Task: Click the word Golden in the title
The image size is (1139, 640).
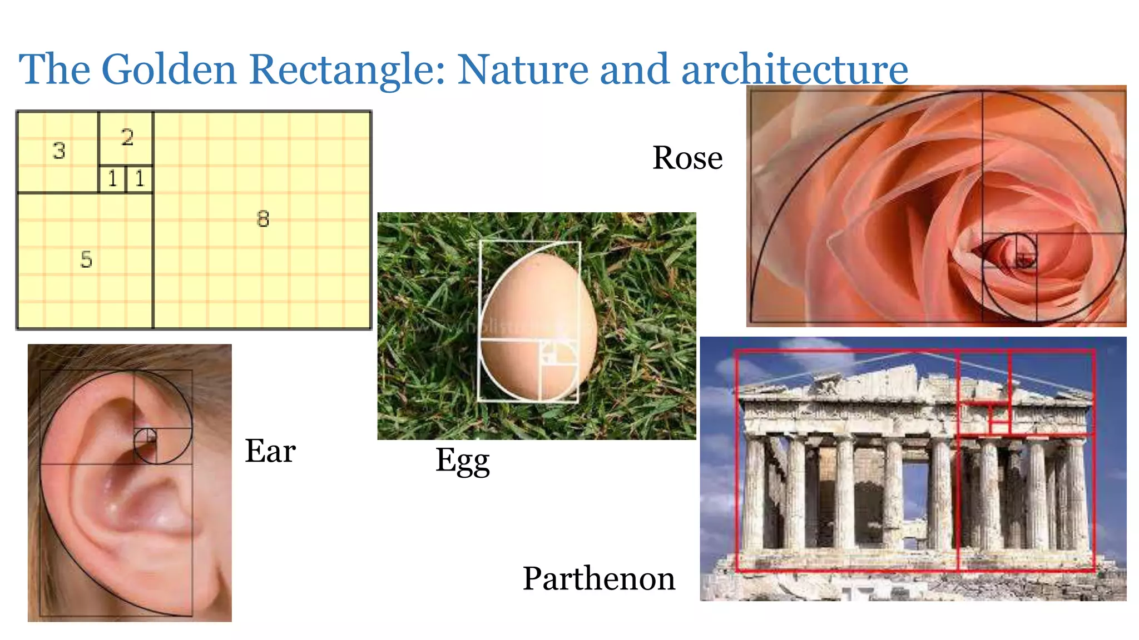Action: point(169,69)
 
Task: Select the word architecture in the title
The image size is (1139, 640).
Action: point(795,69)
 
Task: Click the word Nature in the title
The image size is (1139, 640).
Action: point(523,69)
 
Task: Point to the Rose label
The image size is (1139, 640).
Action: point(687,158)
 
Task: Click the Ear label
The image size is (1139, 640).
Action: point(270,451)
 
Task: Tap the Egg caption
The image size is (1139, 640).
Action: point(462,461)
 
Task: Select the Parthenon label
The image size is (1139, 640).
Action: point(599,578)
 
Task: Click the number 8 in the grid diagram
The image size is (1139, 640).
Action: point(263,219)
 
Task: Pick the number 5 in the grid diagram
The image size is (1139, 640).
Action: point(86,259)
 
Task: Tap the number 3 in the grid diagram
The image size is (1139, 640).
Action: point(59,151)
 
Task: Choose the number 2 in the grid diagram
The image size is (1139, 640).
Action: point(127,137)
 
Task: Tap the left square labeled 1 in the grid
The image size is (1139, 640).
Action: point(113,179)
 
